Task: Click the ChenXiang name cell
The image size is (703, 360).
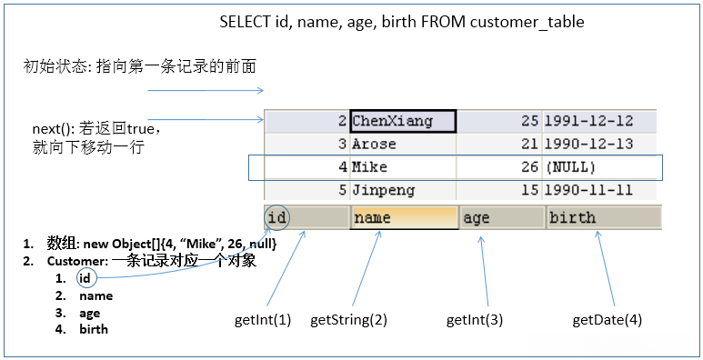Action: (402, 121)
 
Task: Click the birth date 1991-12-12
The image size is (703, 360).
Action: (586, 121)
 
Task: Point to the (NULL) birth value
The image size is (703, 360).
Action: (570, 167)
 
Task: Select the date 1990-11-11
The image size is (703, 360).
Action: (586, 191)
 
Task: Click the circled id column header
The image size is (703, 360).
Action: (278, 217)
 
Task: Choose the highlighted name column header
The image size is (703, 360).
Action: (404, 217)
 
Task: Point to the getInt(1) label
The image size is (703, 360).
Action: (262, 319)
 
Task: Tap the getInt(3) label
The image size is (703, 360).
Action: (474, 319)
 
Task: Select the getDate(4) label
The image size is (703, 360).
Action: (607, 319)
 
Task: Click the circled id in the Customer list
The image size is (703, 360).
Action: (85, 278)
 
